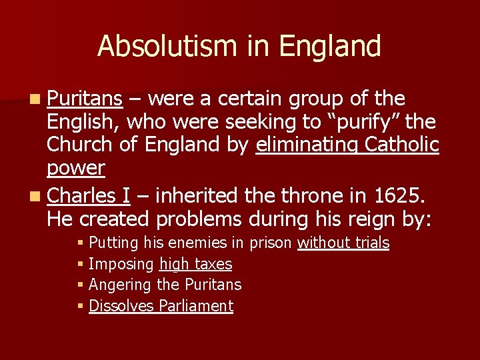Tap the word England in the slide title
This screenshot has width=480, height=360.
click(x=331, y=47)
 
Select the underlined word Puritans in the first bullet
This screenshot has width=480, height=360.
click(x=85, y=99)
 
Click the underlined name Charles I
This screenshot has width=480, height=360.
click(x=89, y=196)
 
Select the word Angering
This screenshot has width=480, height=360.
click(x=120, y=285)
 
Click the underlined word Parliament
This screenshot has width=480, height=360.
click(x=197, y=306)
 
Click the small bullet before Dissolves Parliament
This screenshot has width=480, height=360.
click(x=80, y=307)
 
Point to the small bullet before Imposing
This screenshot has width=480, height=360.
click(x=80, y=265)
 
